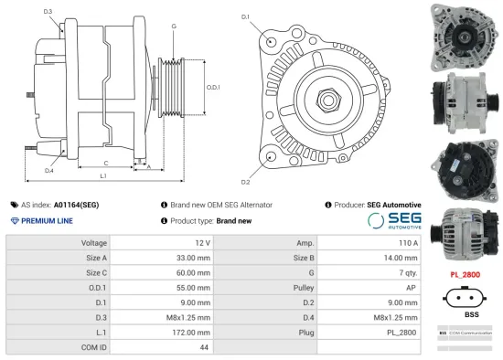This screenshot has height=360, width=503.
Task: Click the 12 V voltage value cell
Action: (202, 243)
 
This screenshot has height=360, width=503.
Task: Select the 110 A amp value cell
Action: (408, 243)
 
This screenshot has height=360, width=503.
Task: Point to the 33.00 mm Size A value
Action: (194, 258)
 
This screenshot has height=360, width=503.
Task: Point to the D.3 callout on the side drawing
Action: (48, 11)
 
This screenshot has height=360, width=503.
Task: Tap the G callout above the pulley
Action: (174, 26)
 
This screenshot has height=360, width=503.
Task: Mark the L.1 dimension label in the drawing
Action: (103, 175)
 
